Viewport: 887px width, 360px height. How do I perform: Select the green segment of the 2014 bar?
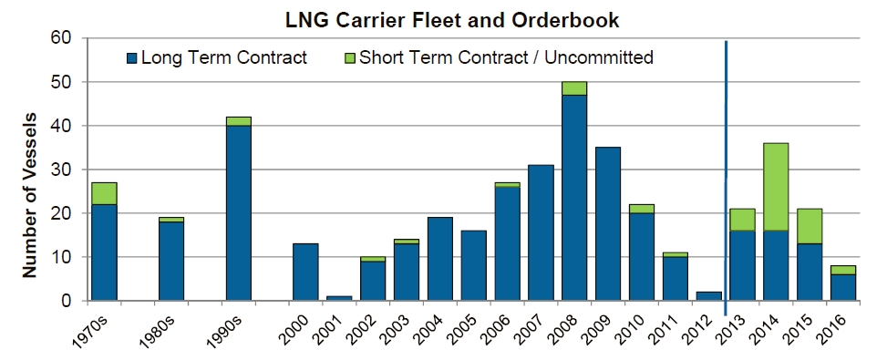pyautogui.click(x=775, y=187)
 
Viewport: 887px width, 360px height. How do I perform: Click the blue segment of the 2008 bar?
pyautogui.click(x=574, y=197)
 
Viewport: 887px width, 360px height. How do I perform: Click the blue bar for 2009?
pyautogui.click(x=608, y=223)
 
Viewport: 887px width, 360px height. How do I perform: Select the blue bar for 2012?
pyautogui.click(x=708, y=295)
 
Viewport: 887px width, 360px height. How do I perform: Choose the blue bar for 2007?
pyautogui.click(x=541, y=232)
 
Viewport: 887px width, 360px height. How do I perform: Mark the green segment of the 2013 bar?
pyautogui.click(x=742, y=220)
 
